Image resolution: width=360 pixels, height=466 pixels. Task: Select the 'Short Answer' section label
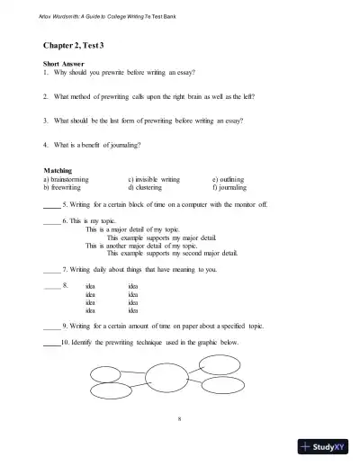pos(64,65)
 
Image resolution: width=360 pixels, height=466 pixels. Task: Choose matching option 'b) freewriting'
pos(67,187)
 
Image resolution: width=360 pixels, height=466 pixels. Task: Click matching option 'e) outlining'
pos(233,179)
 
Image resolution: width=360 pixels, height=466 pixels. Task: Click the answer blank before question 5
pos(50,205)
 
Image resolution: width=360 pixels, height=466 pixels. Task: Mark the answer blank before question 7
pos(50,270)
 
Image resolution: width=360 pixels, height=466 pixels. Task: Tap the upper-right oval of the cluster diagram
pos(217,363)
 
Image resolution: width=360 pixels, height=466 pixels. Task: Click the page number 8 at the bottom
pos(180,419)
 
